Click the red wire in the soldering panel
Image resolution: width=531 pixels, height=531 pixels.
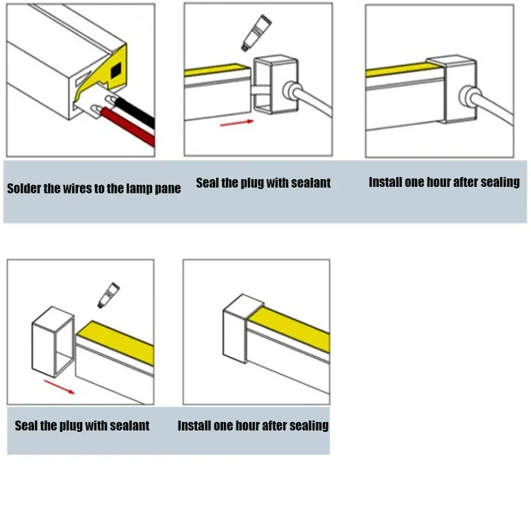click(x=128, y=126)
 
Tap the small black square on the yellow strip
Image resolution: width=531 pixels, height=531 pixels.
click(x=116, y=69)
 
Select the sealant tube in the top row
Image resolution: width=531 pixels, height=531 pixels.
click(x=256, y=33)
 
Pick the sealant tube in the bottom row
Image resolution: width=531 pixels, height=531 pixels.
click(x=108, y=295)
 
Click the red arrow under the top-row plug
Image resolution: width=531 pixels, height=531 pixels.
click(x=236, y=123)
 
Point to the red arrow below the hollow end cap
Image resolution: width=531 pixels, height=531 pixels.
click(x=59, y=387)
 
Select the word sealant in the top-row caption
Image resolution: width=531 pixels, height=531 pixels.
click(x=311, y=183)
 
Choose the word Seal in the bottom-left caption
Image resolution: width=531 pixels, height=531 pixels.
click(x=26, y=426)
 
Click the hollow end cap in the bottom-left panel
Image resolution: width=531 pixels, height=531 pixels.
click(x=53, y=342)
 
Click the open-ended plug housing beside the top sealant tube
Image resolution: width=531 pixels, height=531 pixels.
click(x=275, y=85)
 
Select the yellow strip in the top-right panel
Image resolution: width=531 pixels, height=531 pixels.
click(x=403, y=69)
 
